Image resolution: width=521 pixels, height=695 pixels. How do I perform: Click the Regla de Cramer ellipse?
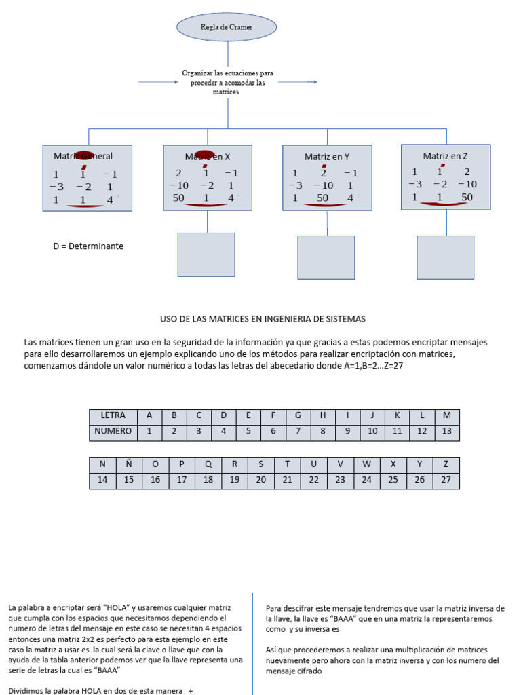(227, 27)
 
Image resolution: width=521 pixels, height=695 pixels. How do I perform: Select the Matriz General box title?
(83, 156)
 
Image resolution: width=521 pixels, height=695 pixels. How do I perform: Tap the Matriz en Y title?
(327, 157)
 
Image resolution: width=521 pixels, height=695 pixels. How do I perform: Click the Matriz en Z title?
(445, 156)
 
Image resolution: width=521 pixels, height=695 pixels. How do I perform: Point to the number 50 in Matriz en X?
(179, 198)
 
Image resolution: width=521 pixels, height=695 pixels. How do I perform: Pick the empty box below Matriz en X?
(206, 255)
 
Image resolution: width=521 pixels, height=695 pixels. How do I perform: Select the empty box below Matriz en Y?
(326, 257)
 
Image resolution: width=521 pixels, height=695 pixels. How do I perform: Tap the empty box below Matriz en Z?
(445, 257)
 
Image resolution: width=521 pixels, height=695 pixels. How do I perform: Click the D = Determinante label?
(88, 246)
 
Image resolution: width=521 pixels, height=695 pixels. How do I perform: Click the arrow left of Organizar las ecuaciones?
(157, 82)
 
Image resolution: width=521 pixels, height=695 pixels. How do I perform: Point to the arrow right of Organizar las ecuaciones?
(298, 82)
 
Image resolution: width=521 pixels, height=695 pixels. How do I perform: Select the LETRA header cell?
(113, 415)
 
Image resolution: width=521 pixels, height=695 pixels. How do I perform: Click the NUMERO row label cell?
(113, 432)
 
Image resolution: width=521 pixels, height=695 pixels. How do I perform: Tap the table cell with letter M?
(446, 415)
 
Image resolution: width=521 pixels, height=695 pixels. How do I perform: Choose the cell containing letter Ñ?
(129, 464)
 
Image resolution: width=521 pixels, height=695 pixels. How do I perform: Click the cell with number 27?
(446, 481)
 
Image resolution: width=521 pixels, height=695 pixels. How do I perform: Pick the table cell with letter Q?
(208, 464)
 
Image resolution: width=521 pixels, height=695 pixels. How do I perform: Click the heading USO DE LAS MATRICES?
(263, 318)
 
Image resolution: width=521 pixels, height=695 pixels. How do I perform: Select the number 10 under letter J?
(372, 432)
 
